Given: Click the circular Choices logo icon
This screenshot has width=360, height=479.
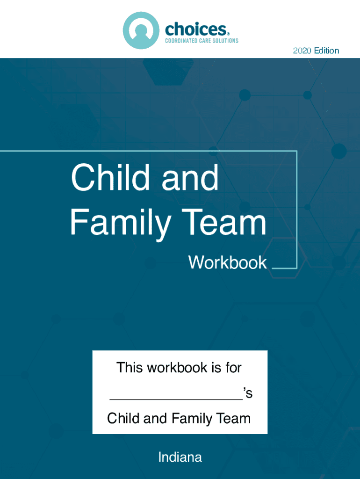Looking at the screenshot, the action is pyautogui.click(x=141, y=30).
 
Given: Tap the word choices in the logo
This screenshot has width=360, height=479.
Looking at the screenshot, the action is pyautogui.click(x=196, y=29).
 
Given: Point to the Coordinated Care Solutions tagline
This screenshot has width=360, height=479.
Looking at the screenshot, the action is pyautogui.click(x=202, y=41).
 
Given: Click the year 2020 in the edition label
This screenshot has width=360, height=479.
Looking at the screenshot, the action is pyautogui.click(x=302, y=51).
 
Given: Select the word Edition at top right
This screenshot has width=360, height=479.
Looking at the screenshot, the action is pyautogui.click(x=326, y=51).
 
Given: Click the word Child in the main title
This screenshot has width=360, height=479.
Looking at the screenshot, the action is pyautogui.click(x=110, y=177).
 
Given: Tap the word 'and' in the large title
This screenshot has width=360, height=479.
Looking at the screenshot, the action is pyautogui.click(x=190, y=177).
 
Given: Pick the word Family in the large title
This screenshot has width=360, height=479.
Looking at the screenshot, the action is pyautogui.click(x=121, y=222).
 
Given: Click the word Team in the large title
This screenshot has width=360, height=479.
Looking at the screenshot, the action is pyautogui.click(x=226, y=222).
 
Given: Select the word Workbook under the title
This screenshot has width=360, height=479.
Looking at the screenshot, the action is pyautogui.click(x=228, y=262).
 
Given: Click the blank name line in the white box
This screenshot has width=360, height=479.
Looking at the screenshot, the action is pyautogui.click(x=176, y=399).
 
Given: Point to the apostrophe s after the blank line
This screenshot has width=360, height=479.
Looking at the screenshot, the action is pyautogui.click(x=248, y=393).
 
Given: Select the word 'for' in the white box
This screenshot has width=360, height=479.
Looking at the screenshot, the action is pyautogui.click(x=234, y=368).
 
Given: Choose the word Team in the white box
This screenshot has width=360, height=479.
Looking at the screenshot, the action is pyautogui.click(x=233, y=419).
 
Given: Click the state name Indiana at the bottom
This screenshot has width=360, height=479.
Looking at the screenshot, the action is pyautogui.click(x=180, y=457).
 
